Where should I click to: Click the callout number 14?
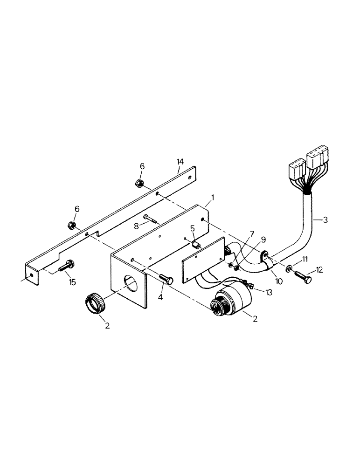click(180, 161)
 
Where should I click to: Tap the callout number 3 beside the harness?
click(325, 219)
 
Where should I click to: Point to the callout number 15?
click(72, 282)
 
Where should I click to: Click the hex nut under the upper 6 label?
click(139, 183)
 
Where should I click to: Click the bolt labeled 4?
click(166, 278)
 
